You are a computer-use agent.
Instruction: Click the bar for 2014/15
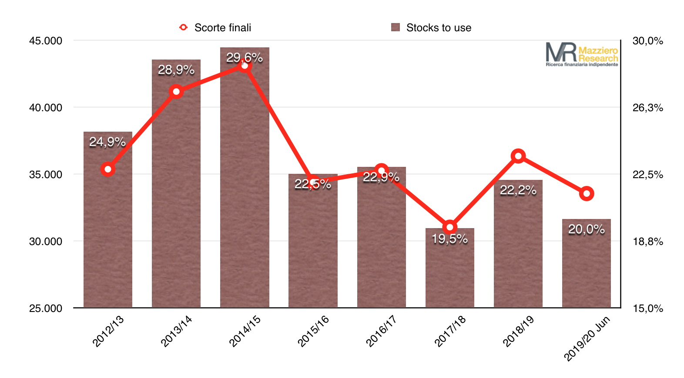coord(245,182)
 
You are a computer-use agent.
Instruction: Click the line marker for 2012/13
coord(108,169)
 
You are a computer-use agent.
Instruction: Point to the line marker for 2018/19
coord(518,156)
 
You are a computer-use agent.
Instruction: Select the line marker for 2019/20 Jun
coord(587,193)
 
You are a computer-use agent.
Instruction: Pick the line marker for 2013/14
coord(176,92)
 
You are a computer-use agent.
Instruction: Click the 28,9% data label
coord(176,70)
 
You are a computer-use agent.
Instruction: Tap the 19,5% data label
coord(449,239)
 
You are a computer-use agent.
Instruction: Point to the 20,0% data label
coord(586,229)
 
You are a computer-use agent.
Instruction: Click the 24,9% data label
coord(107,142)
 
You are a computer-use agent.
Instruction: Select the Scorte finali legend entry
coord(215,28)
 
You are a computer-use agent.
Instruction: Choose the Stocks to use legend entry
coord(431,28)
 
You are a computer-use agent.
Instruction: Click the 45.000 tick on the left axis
coord(46,41)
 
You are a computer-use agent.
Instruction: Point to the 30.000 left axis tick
coord(46,242)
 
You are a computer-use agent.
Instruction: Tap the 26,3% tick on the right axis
coord(647,108)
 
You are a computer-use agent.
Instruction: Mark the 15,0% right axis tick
coord(647,308)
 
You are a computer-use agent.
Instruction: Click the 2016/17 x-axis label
coord(381,331)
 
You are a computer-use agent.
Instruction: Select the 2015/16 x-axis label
coord(313,331)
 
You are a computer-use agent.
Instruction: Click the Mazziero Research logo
coord(582,54)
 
